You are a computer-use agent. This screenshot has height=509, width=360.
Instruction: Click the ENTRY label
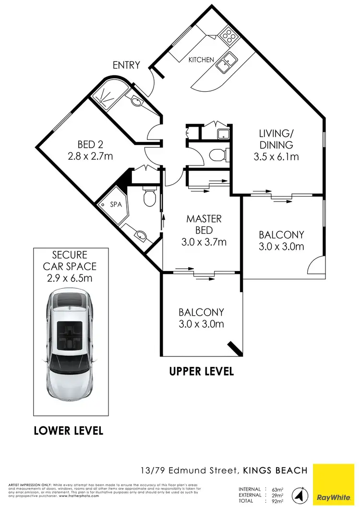[127, 65]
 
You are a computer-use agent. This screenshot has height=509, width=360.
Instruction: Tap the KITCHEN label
[201, 60]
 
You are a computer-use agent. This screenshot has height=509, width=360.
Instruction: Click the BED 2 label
[91, 144]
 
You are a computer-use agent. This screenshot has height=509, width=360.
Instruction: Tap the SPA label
[116, 204]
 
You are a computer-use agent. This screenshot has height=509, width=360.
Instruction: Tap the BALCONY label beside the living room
[281, 235]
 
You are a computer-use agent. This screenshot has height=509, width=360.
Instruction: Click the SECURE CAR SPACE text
[70, 266]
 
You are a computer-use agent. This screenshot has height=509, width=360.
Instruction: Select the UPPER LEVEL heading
[202, 371]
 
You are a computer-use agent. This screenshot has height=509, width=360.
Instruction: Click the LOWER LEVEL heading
[69, 431]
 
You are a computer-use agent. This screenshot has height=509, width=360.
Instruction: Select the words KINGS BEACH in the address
[275, 471]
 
